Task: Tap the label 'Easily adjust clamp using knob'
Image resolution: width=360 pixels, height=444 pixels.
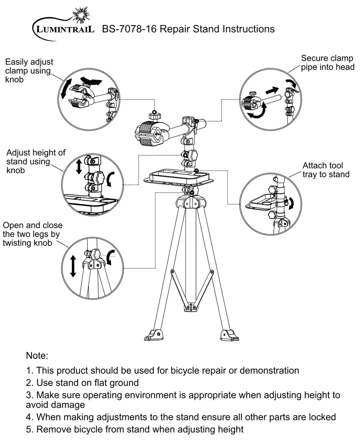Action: click(29, 71)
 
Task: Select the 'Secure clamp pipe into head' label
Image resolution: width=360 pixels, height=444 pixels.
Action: click(327, 62)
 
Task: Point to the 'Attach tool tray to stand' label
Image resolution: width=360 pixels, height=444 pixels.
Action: click(326, 170)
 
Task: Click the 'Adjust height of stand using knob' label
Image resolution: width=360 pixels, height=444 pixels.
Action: click(36, 161)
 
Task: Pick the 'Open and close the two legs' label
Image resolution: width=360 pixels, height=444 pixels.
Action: click(32, 234)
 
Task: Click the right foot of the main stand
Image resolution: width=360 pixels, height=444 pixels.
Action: click(228, 335)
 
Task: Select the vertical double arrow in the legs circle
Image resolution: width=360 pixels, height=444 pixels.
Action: click(73, 266)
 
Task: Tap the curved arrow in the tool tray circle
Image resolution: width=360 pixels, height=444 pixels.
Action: click(292, 203)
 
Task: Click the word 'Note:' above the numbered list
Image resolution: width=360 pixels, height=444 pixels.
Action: click(37, 355)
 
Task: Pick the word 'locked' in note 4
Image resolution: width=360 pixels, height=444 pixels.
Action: click(322, 417)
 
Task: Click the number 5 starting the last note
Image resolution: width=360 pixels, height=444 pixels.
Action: click(29, 430)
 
